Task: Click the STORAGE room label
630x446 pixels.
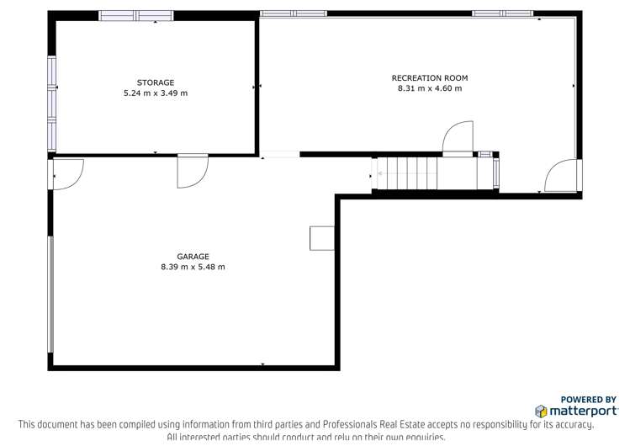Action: coord(156,82)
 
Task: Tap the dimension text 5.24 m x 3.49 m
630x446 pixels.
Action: coord(156,93)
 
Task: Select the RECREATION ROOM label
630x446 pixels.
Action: coord(429,78)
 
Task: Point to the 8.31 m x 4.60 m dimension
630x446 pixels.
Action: coord(429,88)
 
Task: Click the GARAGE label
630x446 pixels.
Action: coord(193,257)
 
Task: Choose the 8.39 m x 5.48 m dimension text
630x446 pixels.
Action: coord(193,268)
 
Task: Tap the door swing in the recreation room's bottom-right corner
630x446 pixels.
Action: coord(562,177)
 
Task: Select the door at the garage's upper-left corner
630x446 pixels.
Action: coord(66,173)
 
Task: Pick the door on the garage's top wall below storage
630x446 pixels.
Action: coord(193,171)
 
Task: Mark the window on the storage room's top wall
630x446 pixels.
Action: coord(135,15)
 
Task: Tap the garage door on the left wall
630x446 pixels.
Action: coord(51,295)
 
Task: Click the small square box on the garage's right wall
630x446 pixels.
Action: coord(321,238)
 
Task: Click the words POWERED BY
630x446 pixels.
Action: coord(588,400)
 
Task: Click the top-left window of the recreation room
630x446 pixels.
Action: coord(293,13)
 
